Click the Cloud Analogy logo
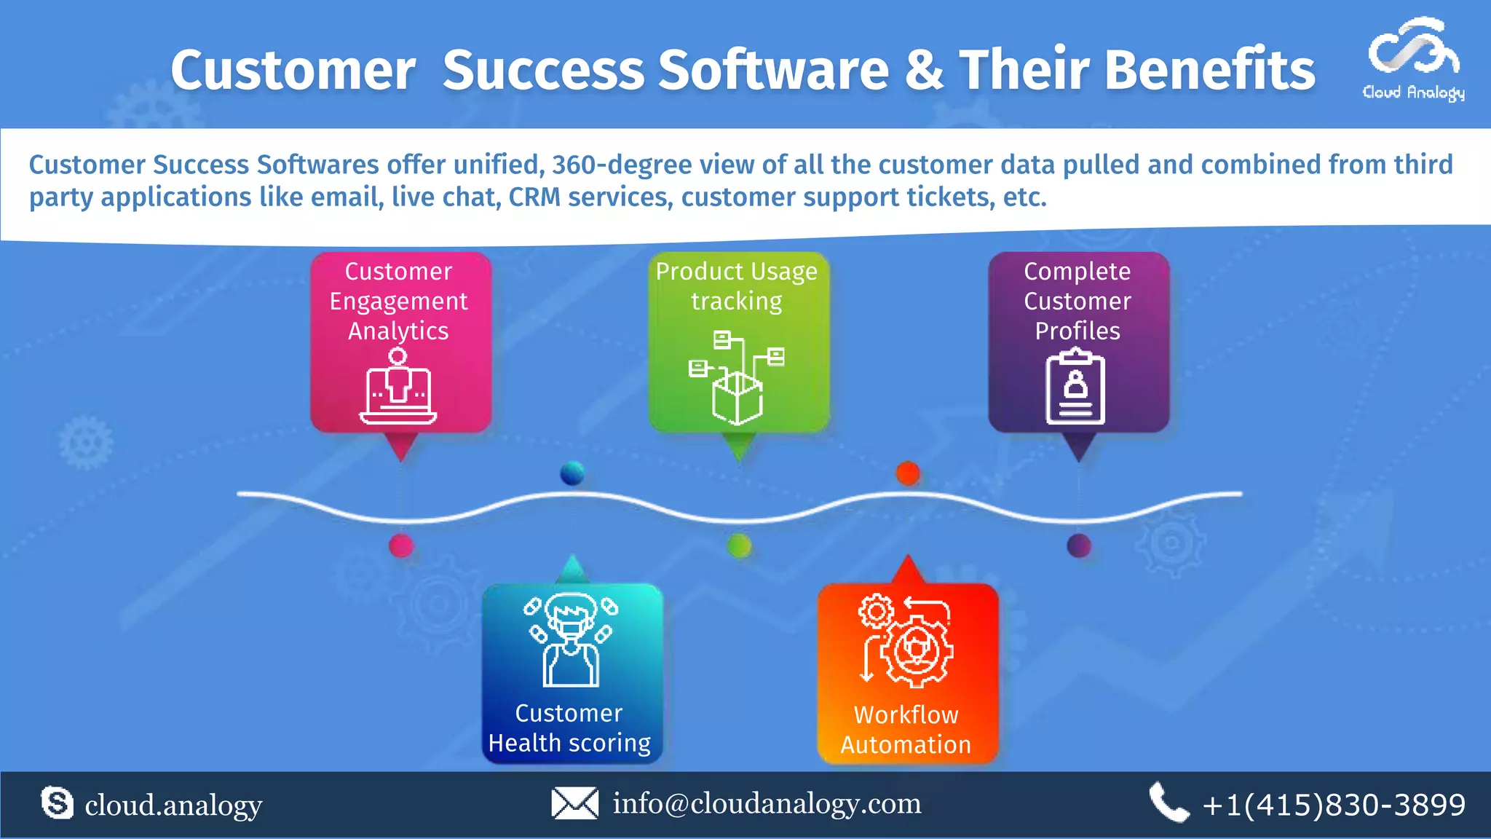[x=1413, y=58]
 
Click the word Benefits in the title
[x=1210, y=71]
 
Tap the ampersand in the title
[x=924, y=71]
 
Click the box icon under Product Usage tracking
[x=737, y=397]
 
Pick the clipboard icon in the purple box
[x=1075, y=387]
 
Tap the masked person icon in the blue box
[x=572, y=640]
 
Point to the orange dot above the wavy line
[x=908, y=473]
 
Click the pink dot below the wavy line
[x=401, y=545]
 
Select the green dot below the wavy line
[x=739, y=545]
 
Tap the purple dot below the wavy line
[x=1078, y=545]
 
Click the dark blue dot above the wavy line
[x=572, y=473]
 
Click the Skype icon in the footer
[x=57, y=803]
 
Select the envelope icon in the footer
[x=574, y=803]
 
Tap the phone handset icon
[x=1168, y=803]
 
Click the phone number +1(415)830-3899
[x=1334, y=805]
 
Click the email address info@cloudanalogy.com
[x=767, y=803]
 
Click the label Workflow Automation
[x=906, y=730]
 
